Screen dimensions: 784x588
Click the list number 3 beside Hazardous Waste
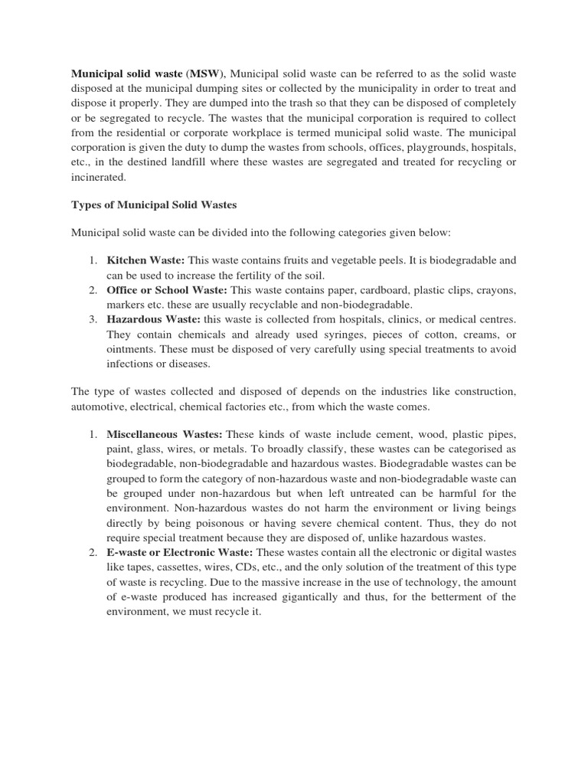tap(91, 319)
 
